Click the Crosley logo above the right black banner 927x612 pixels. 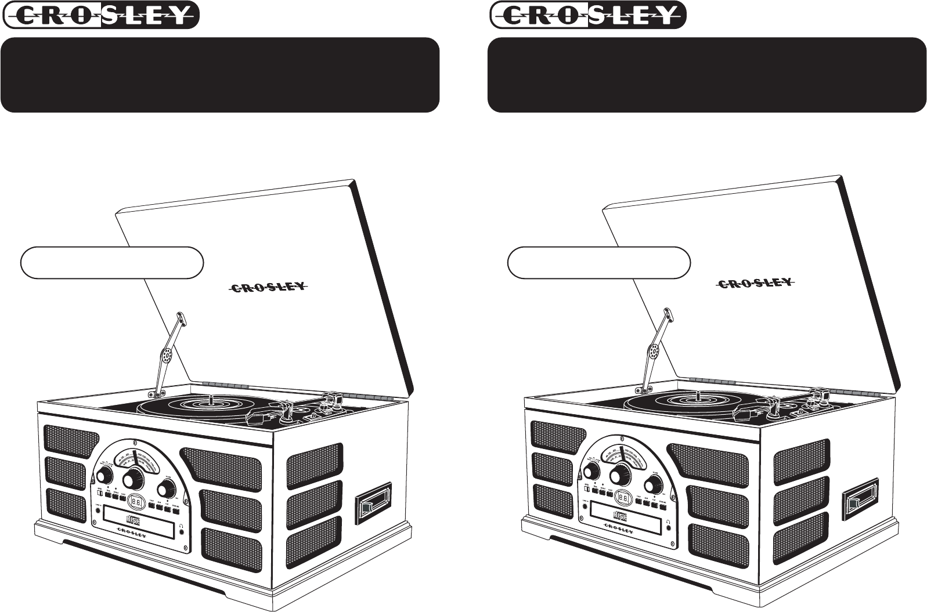[x=588, y=15]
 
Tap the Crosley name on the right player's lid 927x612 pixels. [x=754, y=283]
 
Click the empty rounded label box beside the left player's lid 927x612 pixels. [x=112, y=263]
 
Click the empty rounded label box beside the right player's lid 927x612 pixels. [x=598, y=263]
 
